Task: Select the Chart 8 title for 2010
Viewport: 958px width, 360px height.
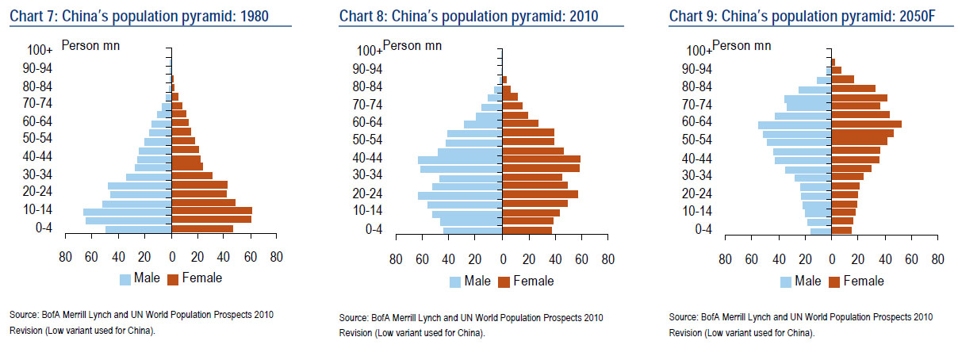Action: pyautogui.click(x=469, y=17)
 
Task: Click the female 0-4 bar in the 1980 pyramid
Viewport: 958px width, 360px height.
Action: pyautogui.click(x=202, y=229)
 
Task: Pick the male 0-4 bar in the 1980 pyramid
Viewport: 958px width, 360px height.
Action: pyautogui.click(x=139, y=229)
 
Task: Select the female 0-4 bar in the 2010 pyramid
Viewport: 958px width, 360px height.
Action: pyautogui.click(x=527, y=231)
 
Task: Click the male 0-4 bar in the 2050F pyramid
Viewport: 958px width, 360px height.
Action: pyautogui.click(x=821, y=231)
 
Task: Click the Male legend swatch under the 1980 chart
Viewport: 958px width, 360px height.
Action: pyautogui.click(x=125, y=279)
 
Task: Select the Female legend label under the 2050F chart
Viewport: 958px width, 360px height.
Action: pyautogui.click(x=864, y=281)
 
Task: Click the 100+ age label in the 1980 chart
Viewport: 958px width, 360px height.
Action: pyautogui.click(x=40, y=49)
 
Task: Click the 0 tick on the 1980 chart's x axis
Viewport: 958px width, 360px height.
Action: pyautogui.click(x=171, y=257)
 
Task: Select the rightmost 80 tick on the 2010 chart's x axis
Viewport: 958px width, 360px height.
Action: pyautogui.click(x=607, y=259)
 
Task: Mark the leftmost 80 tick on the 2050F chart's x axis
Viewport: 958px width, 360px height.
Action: pyautogui.click(x=725, y=259)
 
